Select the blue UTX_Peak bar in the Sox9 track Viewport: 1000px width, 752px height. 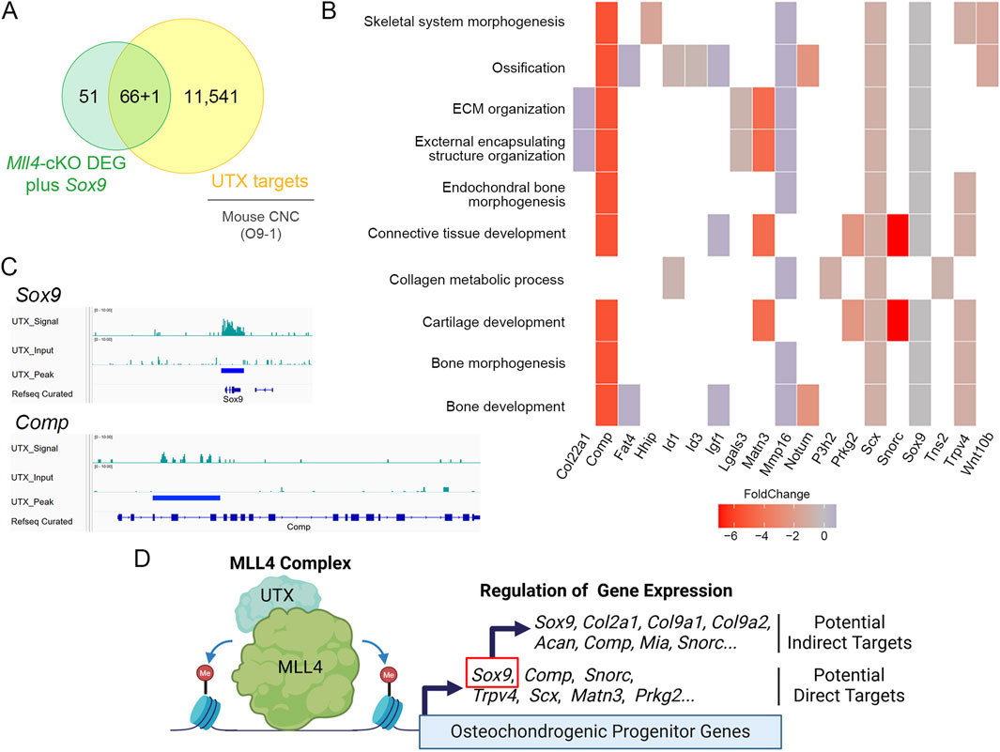click(233, 371)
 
